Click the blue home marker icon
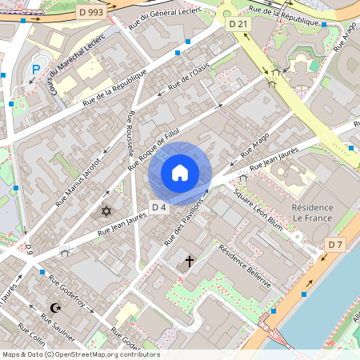click(180, 173)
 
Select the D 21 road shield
click(238, 25)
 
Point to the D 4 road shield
click(158, 208)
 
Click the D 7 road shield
click(335, 243)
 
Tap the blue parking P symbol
click(36, 70)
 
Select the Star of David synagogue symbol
click(106, 211)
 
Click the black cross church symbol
click(190, 261)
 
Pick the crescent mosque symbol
click(55, 307)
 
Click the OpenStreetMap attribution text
click(80, 354)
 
